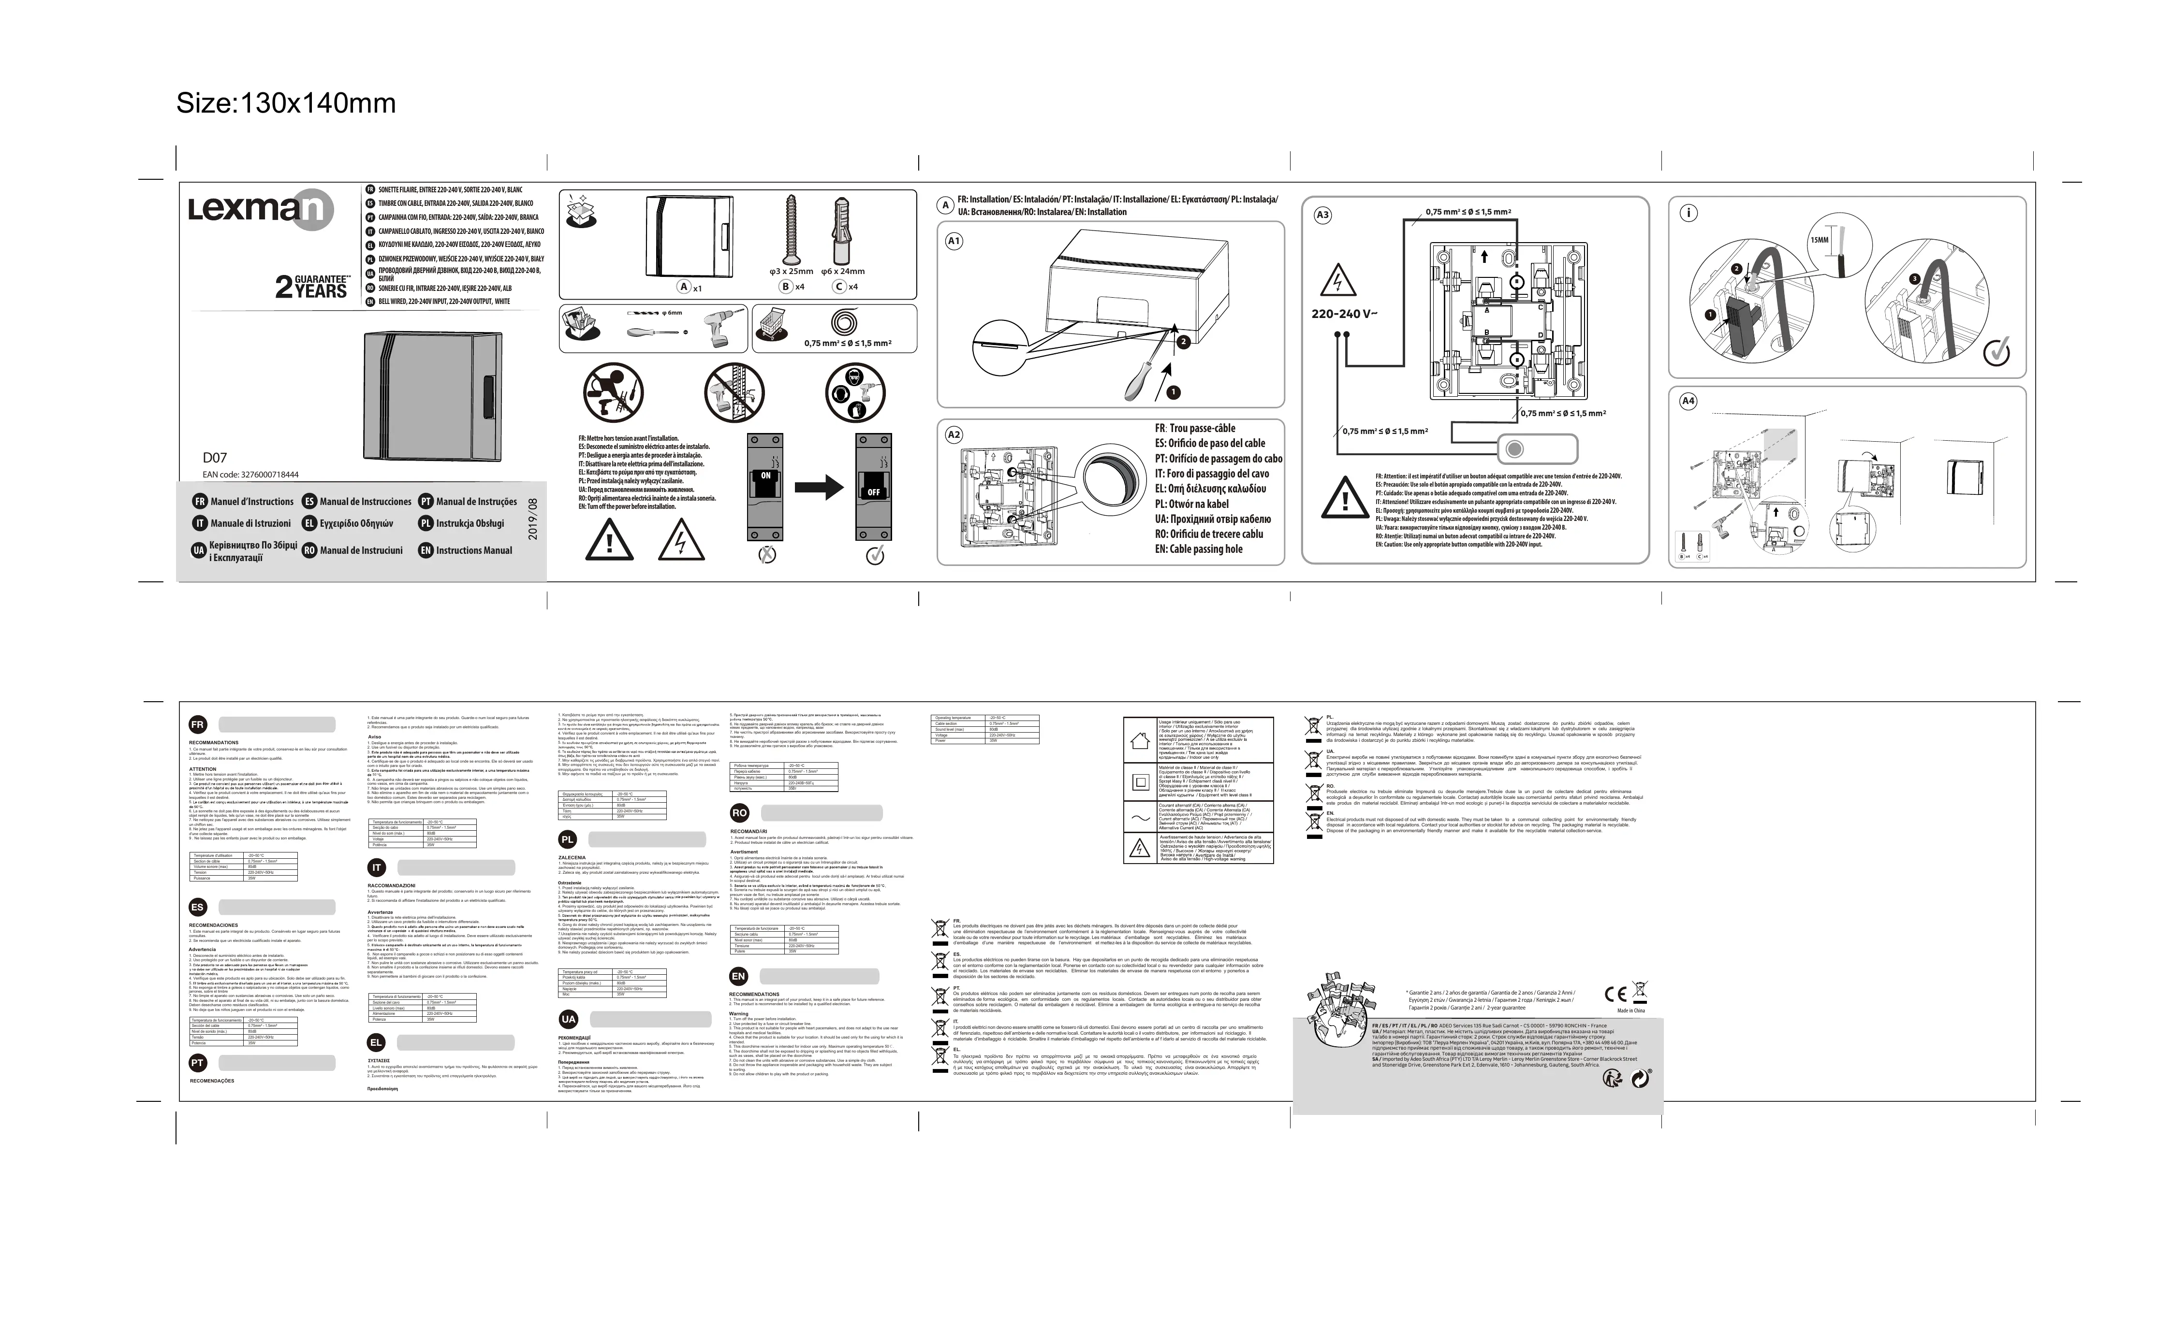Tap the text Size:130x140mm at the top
click(x=286, y=103)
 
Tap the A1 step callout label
click(x=954, y=241)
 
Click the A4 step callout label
click(x=1687, y=402)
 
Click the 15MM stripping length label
click(x=1819, y=240)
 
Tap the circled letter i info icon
click(x=1688, y=213)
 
